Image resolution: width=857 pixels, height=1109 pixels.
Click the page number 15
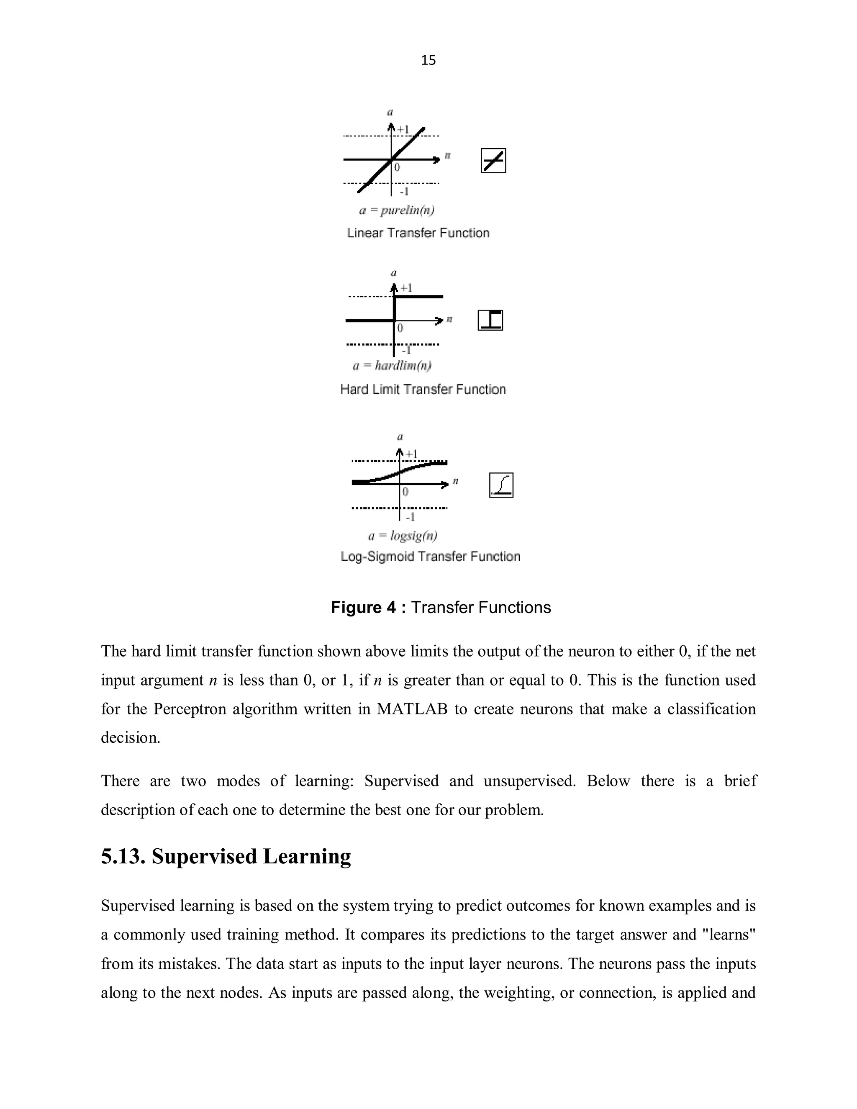click(428, 60)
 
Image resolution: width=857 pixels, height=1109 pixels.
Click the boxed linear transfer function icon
click(493, 161)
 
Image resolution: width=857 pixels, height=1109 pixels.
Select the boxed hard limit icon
click(490, 320)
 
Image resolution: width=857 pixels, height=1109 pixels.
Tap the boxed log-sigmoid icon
click(501, 485)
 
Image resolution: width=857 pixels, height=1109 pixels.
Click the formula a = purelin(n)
click(397, 210)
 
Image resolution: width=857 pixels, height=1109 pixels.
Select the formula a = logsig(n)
click(403, 536)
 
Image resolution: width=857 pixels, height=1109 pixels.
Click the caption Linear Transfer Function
click(418, 233)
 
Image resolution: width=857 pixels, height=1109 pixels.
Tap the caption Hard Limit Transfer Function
click(423, 390)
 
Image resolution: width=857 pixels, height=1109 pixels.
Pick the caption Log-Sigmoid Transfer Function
click(430, 557)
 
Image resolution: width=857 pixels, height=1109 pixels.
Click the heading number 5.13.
click(123, 857)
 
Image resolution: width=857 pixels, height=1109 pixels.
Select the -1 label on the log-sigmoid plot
click(410, 517)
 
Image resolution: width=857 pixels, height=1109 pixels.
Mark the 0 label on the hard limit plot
click(400, 328)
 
